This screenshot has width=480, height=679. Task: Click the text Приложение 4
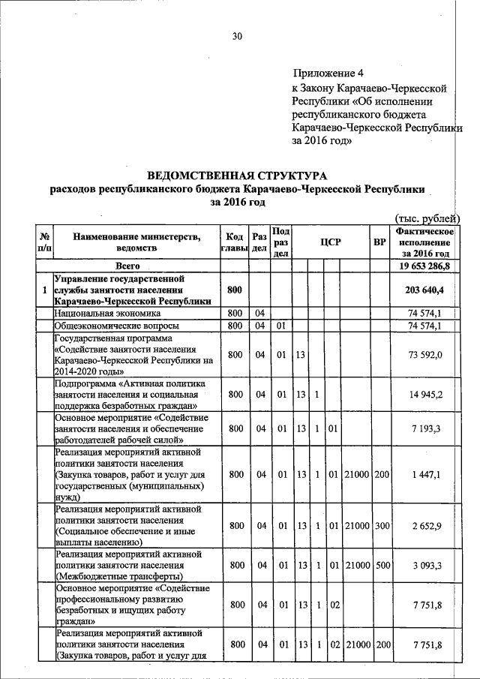(328, 74)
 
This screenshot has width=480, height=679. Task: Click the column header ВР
(380, 242)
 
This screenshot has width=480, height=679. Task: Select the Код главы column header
(235, 242)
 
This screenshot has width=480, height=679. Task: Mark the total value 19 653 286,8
(424, 266)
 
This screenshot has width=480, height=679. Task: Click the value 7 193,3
(430, 428)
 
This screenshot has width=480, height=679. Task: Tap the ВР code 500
(381, 564)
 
